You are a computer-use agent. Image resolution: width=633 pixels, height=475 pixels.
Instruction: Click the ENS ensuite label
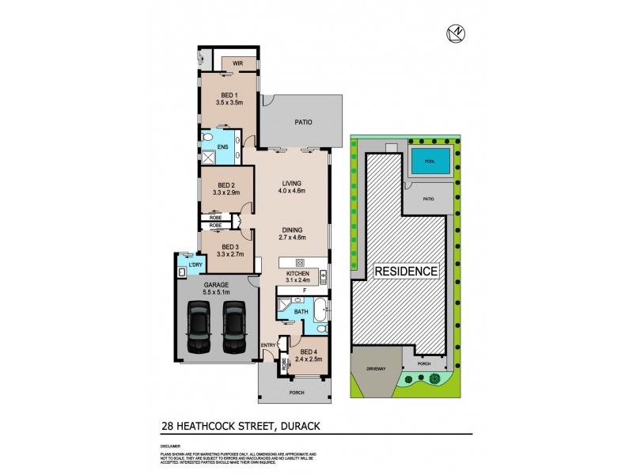[x=223, y=146]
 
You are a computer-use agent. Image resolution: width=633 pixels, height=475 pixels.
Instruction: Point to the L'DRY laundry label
[x=187, y=264]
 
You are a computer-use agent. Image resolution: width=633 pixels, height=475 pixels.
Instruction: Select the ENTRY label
[x=269, y=344]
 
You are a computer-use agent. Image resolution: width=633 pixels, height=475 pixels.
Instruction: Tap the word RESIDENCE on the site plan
[x=406, y=271]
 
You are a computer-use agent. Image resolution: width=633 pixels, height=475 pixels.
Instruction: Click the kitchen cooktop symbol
[x=301, y=262]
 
